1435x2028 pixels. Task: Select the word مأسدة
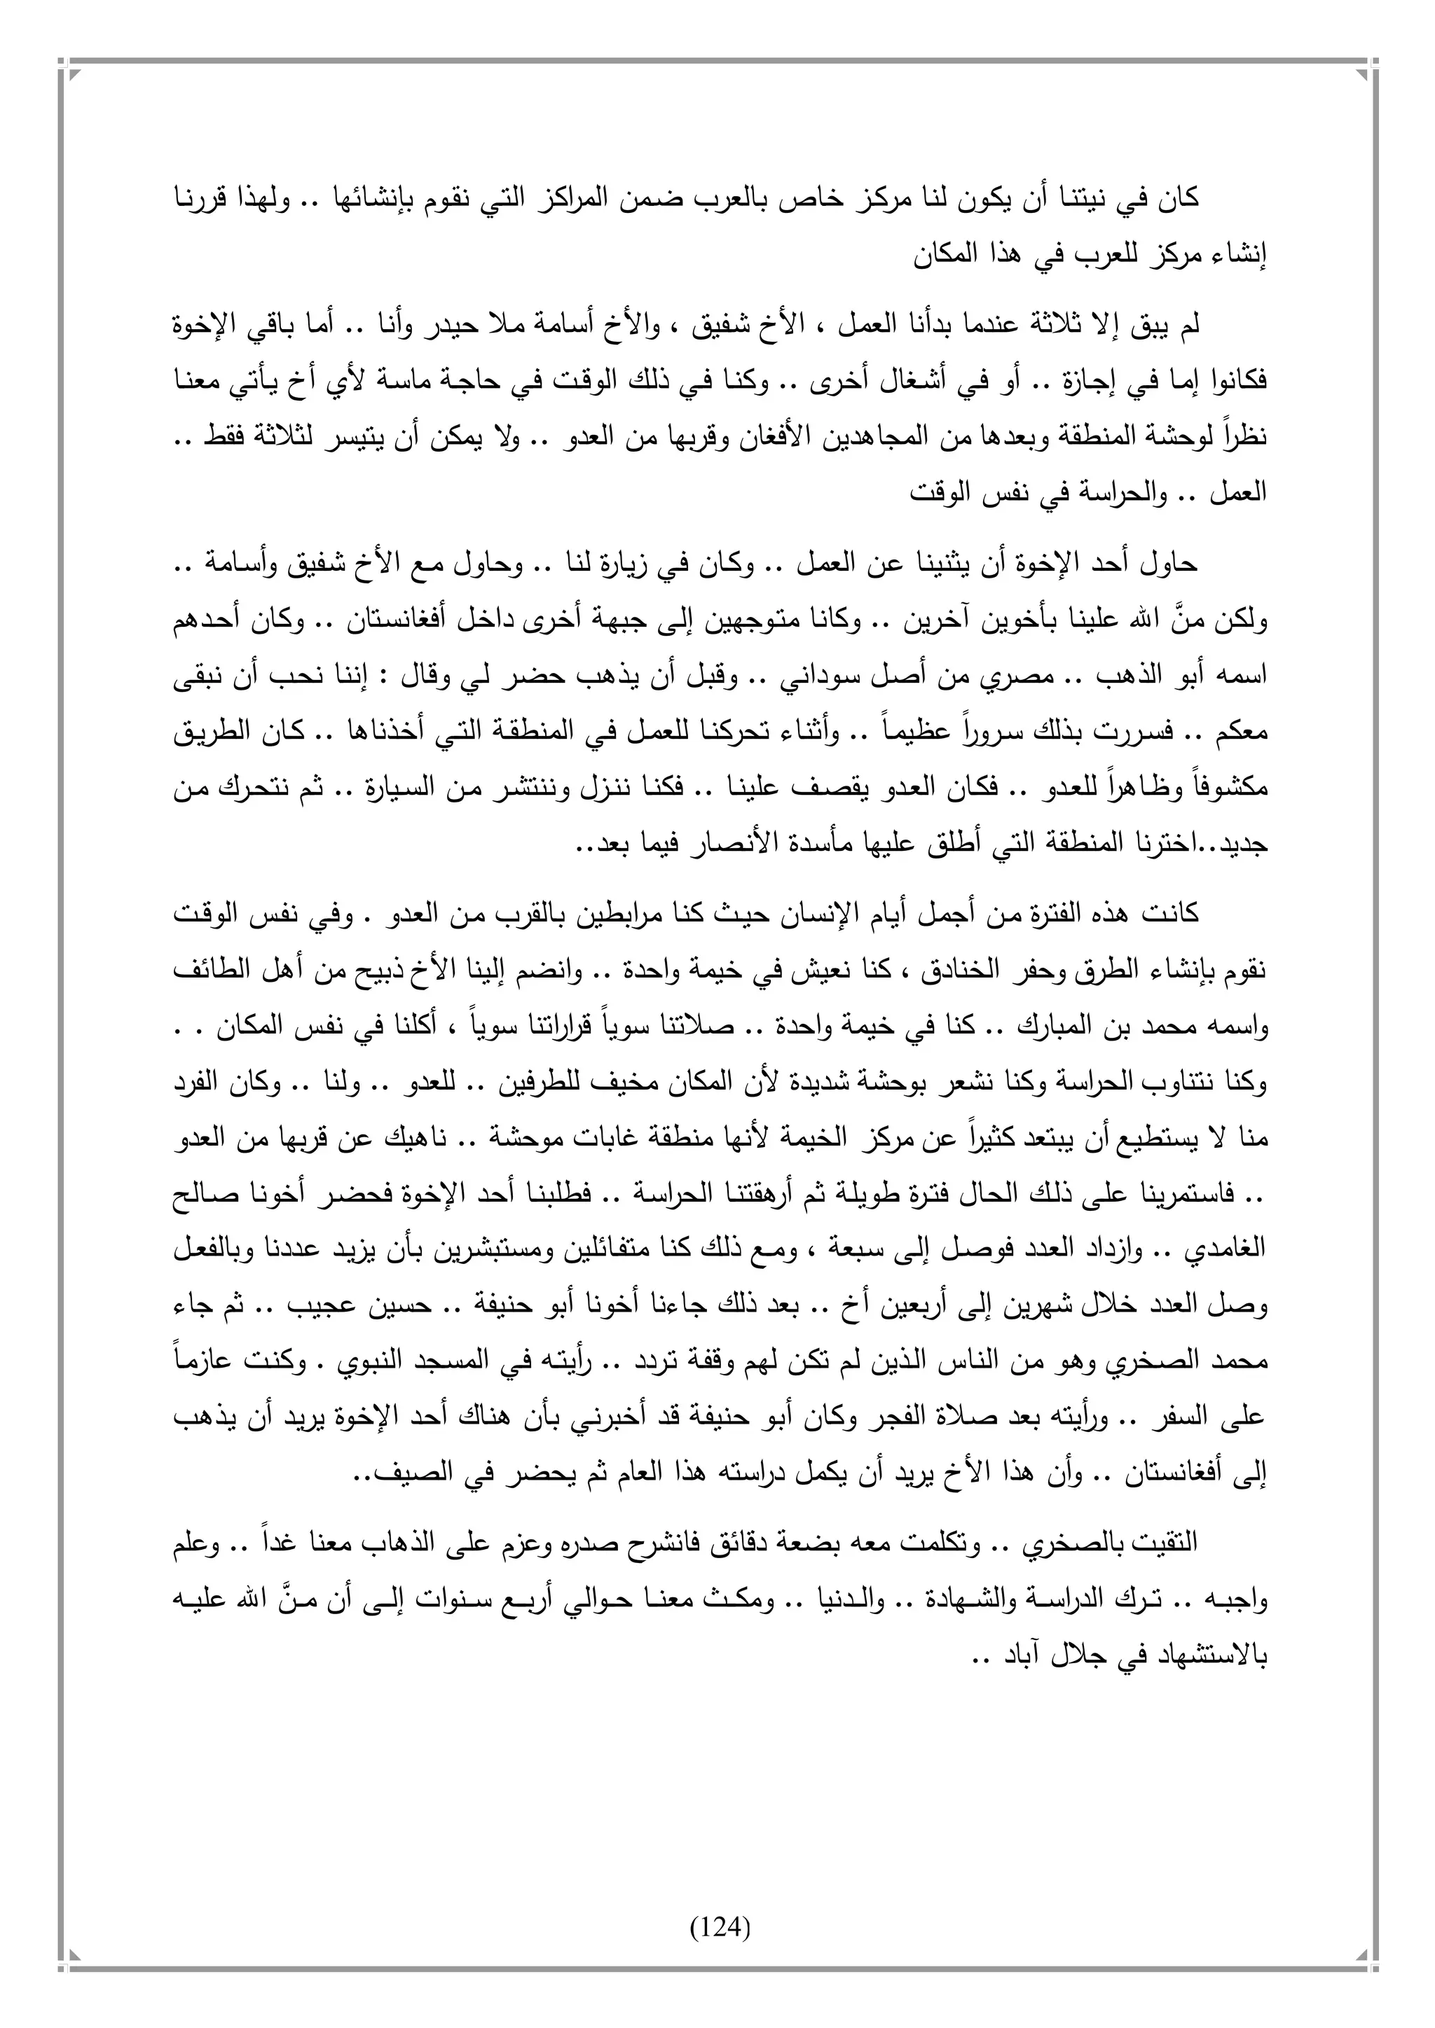(x=813, y=845)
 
